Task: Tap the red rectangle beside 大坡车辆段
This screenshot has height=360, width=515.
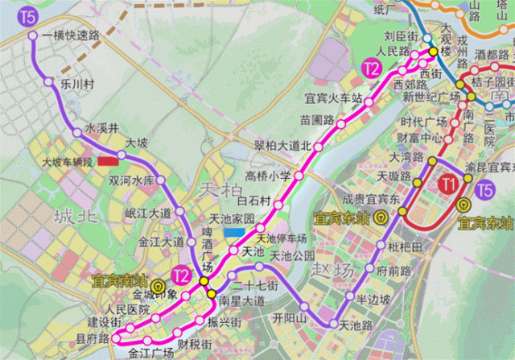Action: (x=109, y=161)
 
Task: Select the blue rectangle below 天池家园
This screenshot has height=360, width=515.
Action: (x=235, y=232)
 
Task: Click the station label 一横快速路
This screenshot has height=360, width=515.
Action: (x=72, y=35)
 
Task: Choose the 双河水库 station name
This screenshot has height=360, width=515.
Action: (x=132, y=180)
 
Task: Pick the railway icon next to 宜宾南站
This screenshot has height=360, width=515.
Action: (x=159, y=284)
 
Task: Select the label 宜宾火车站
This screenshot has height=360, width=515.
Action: (x=329, y=100)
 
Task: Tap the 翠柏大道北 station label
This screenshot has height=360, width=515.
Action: (x=282, y=145)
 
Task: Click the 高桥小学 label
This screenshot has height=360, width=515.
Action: (x=269, y=176)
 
